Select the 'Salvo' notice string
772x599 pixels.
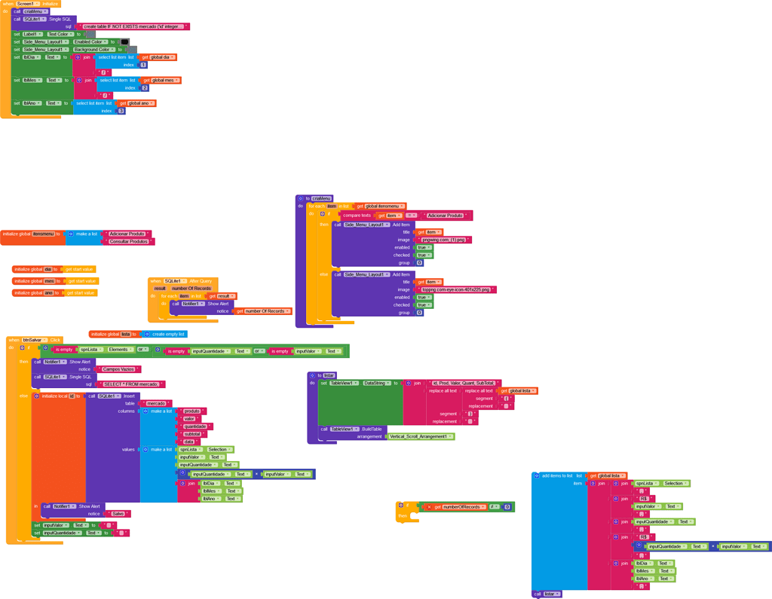pos(117,514)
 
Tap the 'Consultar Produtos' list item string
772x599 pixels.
pos(128,242)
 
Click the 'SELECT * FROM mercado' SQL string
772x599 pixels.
pos(130,384)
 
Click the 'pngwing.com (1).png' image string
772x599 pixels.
pos(445,240)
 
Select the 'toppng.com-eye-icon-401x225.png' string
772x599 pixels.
pos(456,289)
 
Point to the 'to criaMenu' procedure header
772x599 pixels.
pos(317,198)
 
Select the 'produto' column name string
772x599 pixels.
pos(191,411)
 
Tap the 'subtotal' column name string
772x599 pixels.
pos(192,434)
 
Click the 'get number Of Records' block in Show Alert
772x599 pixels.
pos(262,311)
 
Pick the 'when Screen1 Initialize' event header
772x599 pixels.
pos(30,4)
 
